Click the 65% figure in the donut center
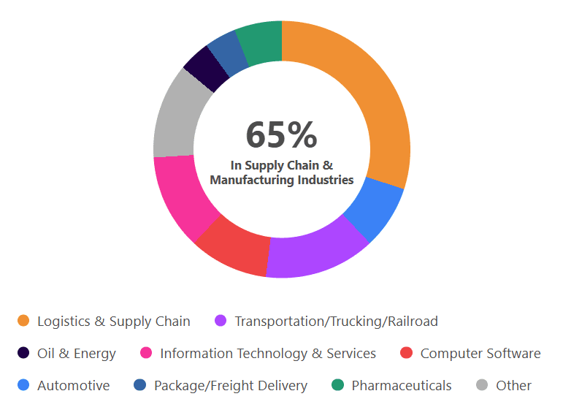click(x=281, y=135)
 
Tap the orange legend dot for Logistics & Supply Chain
click(x=23, y=322)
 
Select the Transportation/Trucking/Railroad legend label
click(x=336, y=322)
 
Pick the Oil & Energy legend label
click(x=77, y=354)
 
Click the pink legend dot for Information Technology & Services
click(x=146, y=354)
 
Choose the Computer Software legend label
click(x=480, y=354)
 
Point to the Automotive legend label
click(x=74, y=386)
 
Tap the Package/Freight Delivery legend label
click(x=231, y=386)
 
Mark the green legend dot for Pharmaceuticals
click(x=337, y=386)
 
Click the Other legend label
click(x=513, y=386)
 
